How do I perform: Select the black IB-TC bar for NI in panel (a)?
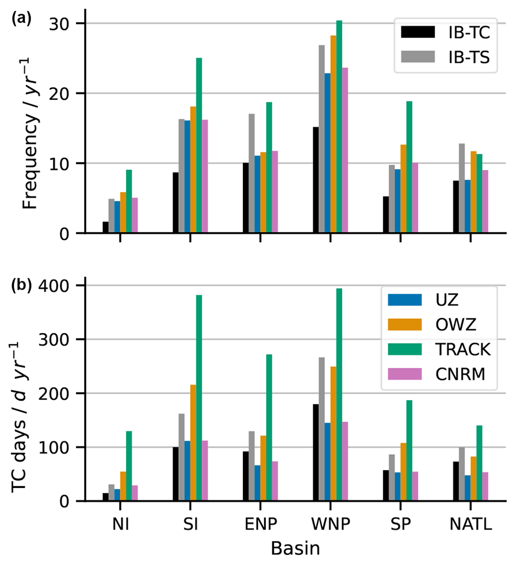point(105,228)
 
